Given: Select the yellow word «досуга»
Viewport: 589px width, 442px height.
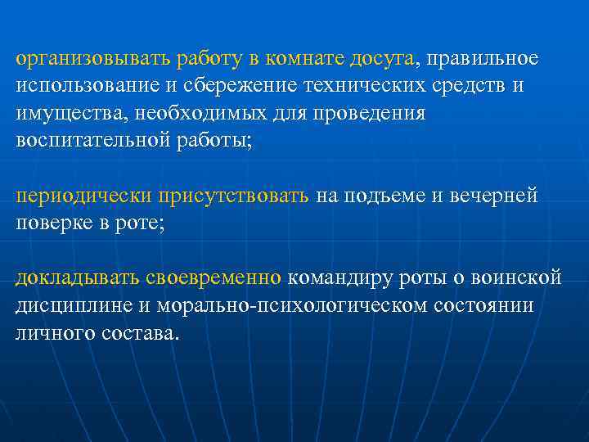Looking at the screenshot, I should pyautogui.click(x=384, y=59).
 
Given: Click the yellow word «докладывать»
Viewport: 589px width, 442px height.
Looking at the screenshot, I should pyautogui.click(x=78, y=278).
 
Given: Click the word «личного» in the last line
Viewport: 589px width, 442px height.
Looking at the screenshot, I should pyautogui.click(x=50, y=332).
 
